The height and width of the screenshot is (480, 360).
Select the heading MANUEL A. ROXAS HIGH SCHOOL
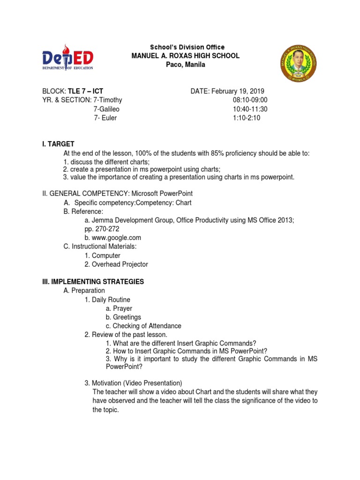click(186, 56)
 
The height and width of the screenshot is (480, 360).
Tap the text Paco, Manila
click(186, 65)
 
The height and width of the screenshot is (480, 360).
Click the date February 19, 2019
click(239, 91)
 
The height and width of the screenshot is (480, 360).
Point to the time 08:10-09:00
click(250, 100)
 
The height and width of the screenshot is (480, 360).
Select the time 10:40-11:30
click(250, 109)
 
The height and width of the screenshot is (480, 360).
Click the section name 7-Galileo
click(108, 109)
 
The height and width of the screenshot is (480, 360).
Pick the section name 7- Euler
click(105, 118)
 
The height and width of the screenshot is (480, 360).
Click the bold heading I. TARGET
click(58, 144)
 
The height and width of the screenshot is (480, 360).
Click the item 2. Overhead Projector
click(116, 264)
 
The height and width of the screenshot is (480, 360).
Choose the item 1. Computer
click(102, 255)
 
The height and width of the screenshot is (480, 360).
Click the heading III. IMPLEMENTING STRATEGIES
click(93, 282)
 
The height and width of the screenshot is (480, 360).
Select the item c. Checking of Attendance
click(143, 326)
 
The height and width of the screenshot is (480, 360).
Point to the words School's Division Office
click(187, 47)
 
